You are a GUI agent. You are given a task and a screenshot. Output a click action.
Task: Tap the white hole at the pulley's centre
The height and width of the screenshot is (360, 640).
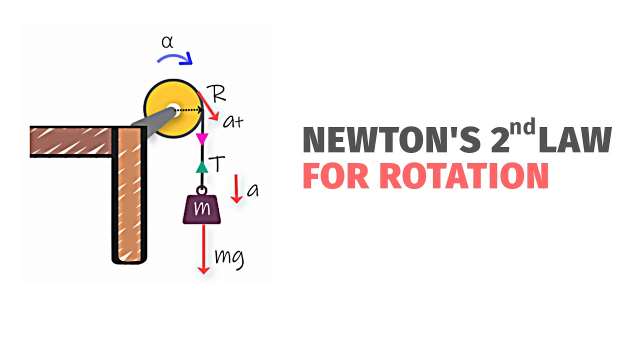(172, 109)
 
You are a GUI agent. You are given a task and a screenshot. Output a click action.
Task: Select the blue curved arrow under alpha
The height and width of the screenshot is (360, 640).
(175, 58)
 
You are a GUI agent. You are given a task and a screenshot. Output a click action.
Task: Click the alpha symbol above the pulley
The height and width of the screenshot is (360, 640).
(167, 42)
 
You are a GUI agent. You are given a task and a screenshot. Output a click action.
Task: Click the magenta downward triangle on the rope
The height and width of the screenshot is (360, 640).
(202, 138)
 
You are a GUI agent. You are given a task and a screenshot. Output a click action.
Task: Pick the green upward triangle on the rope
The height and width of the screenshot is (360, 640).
(202, 167)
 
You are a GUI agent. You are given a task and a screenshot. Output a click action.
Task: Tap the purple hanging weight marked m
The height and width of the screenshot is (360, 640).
(202, 209)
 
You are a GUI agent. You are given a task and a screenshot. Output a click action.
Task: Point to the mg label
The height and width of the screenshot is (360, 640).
(229, 257)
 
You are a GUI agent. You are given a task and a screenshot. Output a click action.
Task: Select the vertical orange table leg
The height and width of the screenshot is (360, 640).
(129, 195)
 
